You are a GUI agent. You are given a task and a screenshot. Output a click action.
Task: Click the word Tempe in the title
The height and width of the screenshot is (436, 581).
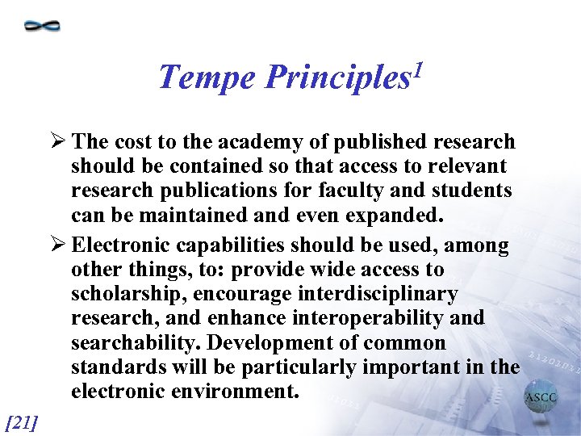coord(207,78)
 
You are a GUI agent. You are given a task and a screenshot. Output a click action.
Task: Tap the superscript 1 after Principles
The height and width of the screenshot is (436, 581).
coord(416,68)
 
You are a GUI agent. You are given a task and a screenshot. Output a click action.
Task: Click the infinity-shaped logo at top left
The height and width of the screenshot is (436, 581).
coord(43,26)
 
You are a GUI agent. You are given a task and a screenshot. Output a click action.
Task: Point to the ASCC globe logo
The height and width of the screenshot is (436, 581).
coord(541,398)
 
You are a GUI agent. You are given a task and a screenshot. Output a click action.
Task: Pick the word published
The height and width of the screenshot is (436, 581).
coord(371,142)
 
